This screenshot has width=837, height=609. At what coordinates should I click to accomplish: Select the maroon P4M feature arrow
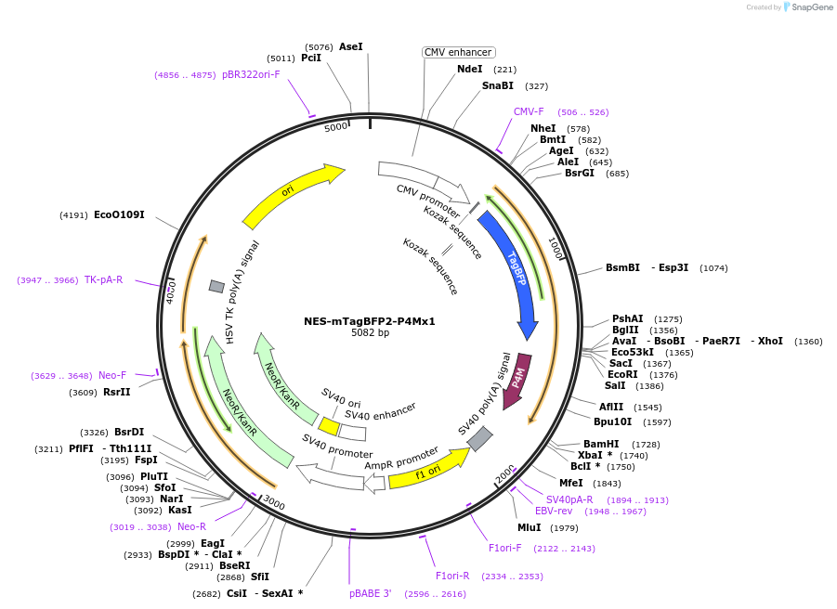coord(517,380)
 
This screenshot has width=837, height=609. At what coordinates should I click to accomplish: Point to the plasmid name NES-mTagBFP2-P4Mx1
coord(370,321)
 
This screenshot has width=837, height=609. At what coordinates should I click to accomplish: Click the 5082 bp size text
coord(370,332)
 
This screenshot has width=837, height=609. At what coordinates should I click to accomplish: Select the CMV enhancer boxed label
coord(458,53)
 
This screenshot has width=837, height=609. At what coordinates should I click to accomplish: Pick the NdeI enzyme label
coord(469,69)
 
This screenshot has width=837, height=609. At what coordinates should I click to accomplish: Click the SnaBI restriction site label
coord(497,85)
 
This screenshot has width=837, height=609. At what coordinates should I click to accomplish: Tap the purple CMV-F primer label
coord(529,111)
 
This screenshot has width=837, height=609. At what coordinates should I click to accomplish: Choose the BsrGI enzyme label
coord(579,173)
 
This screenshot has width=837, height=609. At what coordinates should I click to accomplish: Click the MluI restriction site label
coord(529,528)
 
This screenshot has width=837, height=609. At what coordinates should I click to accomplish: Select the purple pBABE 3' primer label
coord(371,593)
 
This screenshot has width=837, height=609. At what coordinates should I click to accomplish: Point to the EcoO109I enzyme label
coord(119,214)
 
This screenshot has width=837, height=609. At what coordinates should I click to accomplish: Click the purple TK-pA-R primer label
coord(103,279)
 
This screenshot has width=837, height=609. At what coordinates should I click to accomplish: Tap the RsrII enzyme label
coord(116,393)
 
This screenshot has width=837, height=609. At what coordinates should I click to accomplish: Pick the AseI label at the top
coord(350,46)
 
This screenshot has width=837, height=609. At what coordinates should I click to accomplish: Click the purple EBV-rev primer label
coord(554,511)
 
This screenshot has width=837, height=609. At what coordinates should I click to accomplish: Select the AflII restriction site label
coord(611,407)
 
